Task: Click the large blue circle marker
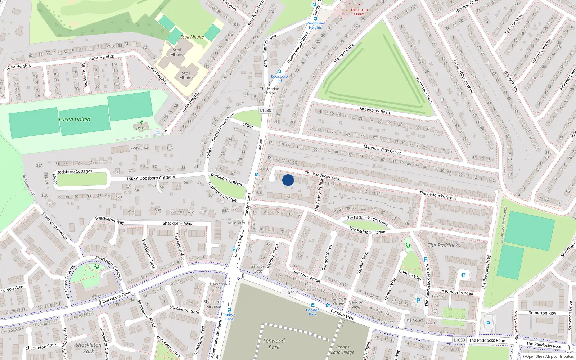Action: [x=288, y=180]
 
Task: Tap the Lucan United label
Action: [x=75, y=119]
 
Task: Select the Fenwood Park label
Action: [x=274, y=344]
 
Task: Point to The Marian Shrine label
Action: [x=270, y=91]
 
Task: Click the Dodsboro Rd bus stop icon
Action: [x=279, y=72]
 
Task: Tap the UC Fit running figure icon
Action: [x=141, y=122]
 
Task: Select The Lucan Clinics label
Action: [x=359, y=12]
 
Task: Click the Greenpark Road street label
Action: [x=375, y=110]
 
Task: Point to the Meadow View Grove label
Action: [x=382, y=149]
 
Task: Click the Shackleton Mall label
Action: [x=219, y=286]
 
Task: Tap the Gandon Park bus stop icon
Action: [x=312, y=305]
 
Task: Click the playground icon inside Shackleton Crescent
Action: [x=96, y=267]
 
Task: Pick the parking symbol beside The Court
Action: [x=418, y=301]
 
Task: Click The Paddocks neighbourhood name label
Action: [x=444, y=245]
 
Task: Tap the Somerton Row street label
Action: [x=542, y=313]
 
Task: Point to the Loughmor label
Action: [x=139, y=148]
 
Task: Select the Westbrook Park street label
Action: [x=424, y=90]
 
